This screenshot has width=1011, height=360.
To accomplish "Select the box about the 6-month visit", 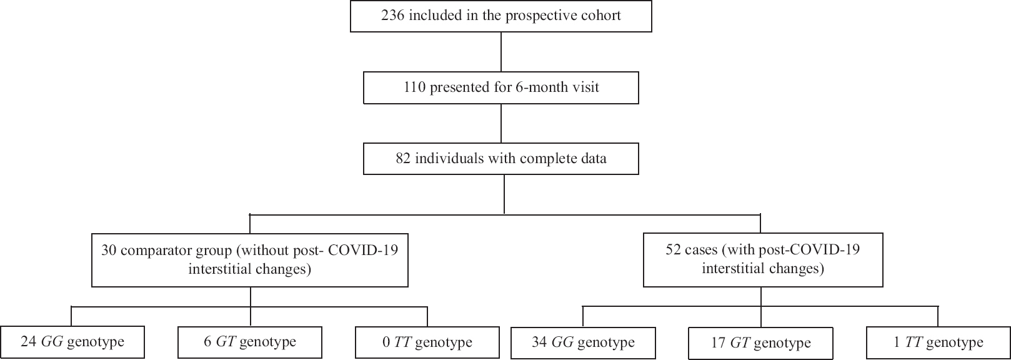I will pyautogui.click(x=501, y=87).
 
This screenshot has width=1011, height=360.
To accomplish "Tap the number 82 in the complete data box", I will pyautogui.click(x=403, y=158).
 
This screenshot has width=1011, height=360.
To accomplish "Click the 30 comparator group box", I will pyautogui.click(x=249, y=260).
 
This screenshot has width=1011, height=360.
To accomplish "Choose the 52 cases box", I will pyautogui.click(x=762, y=260).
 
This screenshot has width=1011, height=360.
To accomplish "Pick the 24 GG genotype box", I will pyautogui.click(x=72, y=342).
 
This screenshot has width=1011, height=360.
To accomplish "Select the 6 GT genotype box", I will pyautogui.click(x=249, y=342).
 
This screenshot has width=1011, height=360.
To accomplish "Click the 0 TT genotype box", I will pyautogui.click(x=427, y=342).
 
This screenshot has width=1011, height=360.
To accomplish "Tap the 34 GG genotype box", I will pyautogui.click(x=583, y=342).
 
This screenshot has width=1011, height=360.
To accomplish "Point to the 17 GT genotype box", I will pyautogui.click(x=760, y=343).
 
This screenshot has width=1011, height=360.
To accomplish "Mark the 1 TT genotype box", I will pyautogui.click(x=939, y=342).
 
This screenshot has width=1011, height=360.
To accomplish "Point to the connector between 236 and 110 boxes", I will pyautogui.click(x=501, y=52).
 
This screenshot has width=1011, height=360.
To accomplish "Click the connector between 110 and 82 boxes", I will pyautogui.click(x=501, y=123).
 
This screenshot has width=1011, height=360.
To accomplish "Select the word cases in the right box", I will pyautogui.click(x=702, y=250).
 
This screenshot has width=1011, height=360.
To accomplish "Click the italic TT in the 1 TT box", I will pyautogui.click(x=914, y=342).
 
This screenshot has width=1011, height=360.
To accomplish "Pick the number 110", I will pyautogui.click(x=414, y=87).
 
